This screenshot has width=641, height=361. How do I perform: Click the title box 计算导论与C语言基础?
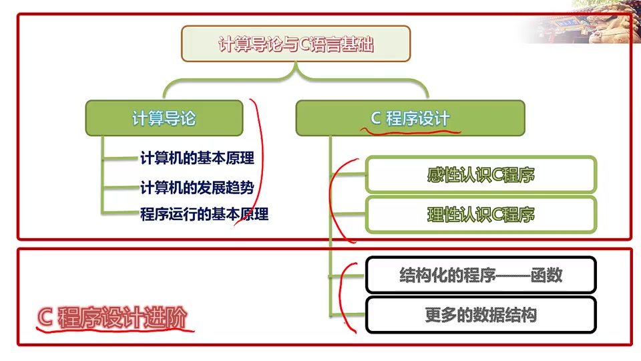[296, 44]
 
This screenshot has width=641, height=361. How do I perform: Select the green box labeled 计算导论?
[164, 118]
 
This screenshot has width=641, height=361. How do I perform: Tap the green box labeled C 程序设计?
[410, 118]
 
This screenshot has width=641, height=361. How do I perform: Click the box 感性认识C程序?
[481, 175]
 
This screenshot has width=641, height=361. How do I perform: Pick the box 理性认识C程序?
[481, 215]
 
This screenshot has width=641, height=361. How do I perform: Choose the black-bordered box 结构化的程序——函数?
[481, 275]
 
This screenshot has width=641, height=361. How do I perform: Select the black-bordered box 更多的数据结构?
[481, 314]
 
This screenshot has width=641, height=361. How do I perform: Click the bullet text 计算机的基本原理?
[197, 158]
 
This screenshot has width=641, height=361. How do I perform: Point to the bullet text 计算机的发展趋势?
[197, 187]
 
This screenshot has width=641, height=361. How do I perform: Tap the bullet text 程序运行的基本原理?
[204, 215]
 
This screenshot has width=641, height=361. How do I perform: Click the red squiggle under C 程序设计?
[410, 130]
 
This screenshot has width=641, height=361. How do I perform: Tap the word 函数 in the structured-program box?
[546, 275]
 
